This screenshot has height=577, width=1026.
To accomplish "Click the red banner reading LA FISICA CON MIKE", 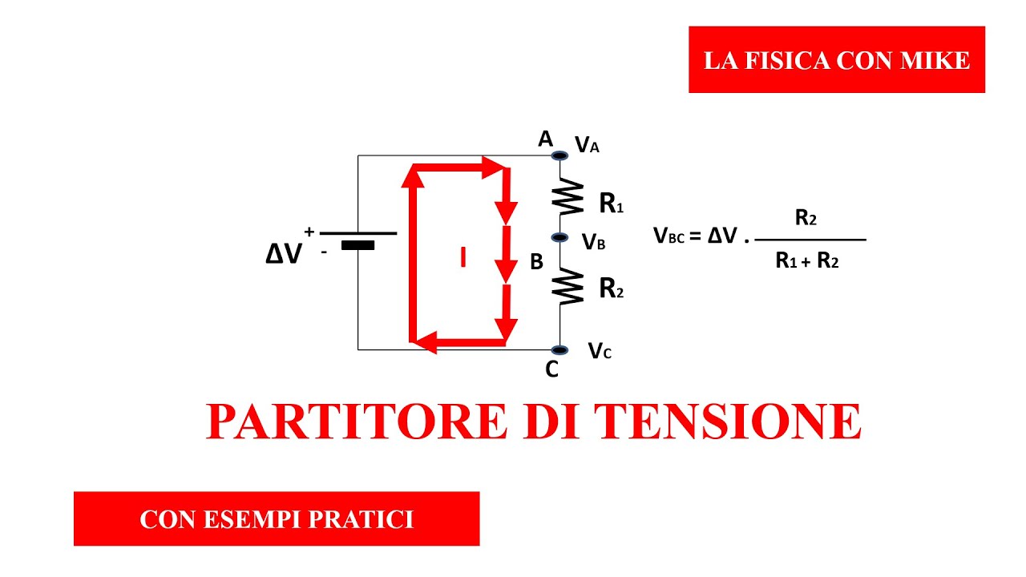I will pos(836,60).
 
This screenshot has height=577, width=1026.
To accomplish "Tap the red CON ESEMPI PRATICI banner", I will pos(277,519).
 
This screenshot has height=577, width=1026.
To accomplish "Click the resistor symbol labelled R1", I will pos(568,197).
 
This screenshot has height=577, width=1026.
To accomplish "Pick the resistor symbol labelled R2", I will pos(568,286).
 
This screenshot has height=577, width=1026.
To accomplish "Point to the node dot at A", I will pos(559,155).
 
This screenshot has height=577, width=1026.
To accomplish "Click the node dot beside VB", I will pos(560,237).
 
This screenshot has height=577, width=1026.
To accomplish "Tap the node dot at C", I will pos(559,350).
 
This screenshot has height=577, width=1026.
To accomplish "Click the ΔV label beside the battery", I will pos(285,254).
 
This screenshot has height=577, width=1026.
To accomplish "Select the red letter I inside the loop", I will pos(463,257).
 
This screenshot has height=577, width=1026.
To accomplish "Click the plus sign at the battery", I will pos(309,232).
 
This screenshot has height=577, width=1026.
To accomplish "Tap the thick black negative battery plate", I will pos(357,245).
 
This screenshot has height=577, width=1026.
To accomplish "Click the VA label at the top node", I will pos(587,145).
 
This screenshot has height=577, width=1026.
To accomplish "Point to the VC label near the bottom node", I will pos(600,350).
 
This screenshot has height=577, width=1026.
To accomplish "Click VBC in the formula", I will pos(669,236).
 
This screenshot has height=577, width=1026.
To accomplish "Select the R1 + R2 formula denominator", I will pos(806,260).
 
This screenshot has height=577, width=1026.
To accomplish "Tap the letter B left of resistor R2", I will pos(537,262).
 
